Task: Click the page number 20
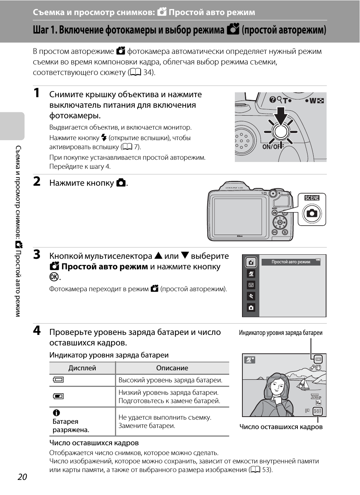(x=22, y=477)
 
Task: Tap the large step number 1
(x=37, y=93)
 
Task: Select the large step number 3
(x=37, y=255)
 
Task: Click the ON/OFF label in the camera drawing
(x=271, y=147)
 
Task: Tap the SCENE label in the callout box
(x=312, y=198)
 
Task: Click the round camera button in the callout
(x=312, y=214)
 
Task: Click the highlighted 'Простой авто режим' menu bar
(x=291, y=262)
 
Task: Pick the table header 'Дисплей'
(x=82, y=368)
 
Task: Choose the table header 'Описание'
(x=172, y=368)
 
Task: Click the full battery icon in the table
(x=58, y=380)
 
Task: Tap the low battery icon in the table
(x=58, y=396)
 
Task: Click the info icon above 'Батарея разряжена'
(x=57, y=413)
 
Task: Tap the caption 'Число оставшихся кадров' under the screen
(x=281, y=427)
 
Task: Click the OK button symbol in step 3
(x=54, y=277)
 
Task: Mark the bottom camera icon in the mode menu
(x=251, y=308)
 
